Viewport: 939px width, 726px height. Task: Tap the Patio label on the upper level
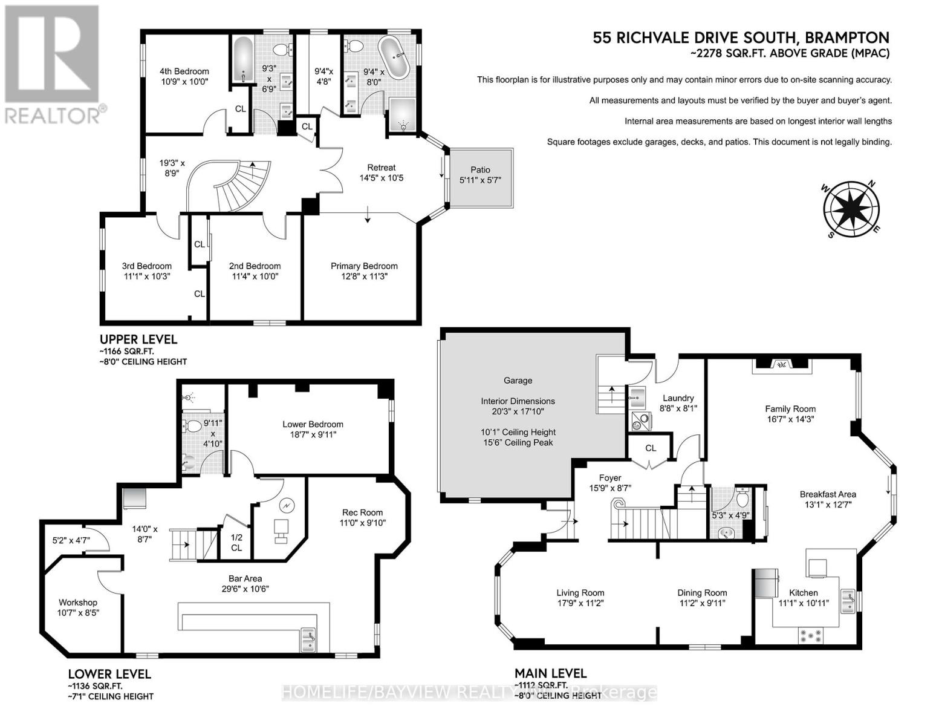(480, 170)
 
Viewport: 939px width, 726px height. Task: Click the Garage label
(518, 381)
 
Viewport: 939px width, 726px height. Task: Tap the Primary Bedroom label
(364, 266)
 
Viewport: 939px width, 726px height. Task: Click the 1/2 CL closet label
(236, 543)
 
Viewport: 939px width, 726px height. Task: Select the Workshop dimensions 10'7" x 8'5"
(78, 613)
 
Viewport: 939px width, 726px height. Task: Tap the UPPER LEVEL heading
(138, 339)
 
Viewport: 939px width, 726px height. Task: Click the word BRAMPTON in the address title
(846, 38)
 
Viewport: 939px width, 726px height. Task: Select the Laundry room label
(678, 398)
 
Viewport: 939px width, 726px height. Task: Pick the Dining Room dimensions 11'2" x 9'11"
(702, 603)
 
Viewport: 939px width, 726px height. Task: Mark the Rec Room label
(362, 512)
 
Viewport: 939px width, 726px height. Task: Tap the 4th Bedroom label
(184, 71)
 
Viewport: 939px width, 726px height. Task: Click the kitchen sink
(847, 601)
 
